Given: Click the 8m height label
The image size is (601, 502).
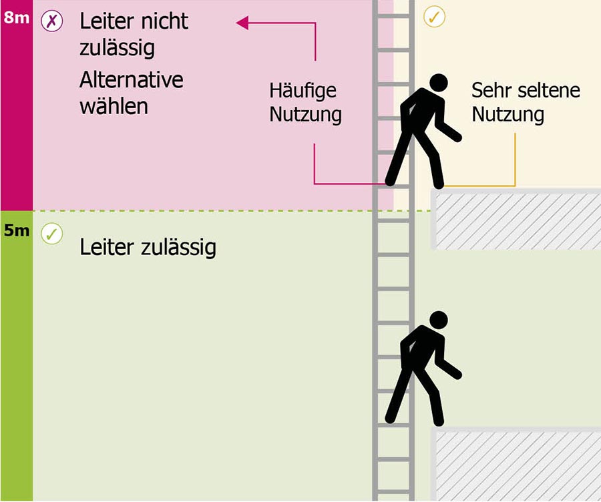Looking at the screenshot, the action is [x=17, y=17].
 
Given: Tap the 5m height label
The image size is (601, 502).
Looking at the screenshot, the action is [x=17, y=230].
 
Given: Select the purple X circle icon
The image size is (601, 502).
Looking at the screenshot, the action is [x=51, y=21].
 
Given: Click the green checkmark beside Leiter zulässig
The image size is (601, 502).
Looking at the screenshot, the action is [x=51, y=234].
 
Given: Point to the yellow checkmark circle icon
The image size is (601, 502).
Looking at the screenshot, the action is [x=434, y=17].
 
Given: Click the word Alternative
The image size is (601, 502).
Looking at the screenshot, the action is [x=132, y=79].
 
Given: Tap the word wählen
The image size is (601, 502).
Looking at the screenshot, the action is [x=114, y=106].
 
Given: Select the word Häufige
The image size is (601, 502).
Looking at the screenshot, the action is [x=303, y=91].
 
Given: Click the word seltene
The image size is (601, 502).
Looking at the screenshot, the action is [x=548, y=90].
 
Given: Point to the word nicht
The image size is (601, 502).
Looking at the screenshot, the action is [x=164, y=21].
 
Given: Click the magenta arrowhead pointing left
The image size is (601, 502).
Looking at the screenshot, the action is [x=242, y=23].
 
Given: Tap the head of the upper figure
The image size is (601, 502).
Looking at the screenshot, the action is [x=439, y=82].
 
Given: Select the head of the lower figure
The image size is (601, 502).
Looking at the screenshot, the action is [x=439, y=320].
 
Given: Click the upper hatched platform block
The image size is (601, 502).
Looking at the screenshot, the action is [x=516, y=220].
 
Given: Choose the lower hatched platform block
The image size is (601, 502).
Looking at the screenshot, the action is [x=516, y=465].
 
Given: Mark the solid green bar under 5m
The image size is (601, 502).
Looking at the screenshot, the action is [x=17, y=356].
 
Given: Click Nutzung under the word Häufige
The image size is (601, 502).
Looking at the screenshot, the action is [x=305, y=115].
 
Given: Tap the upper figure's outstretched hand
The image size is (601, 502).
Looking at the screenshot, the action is [x=457, y=138].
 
